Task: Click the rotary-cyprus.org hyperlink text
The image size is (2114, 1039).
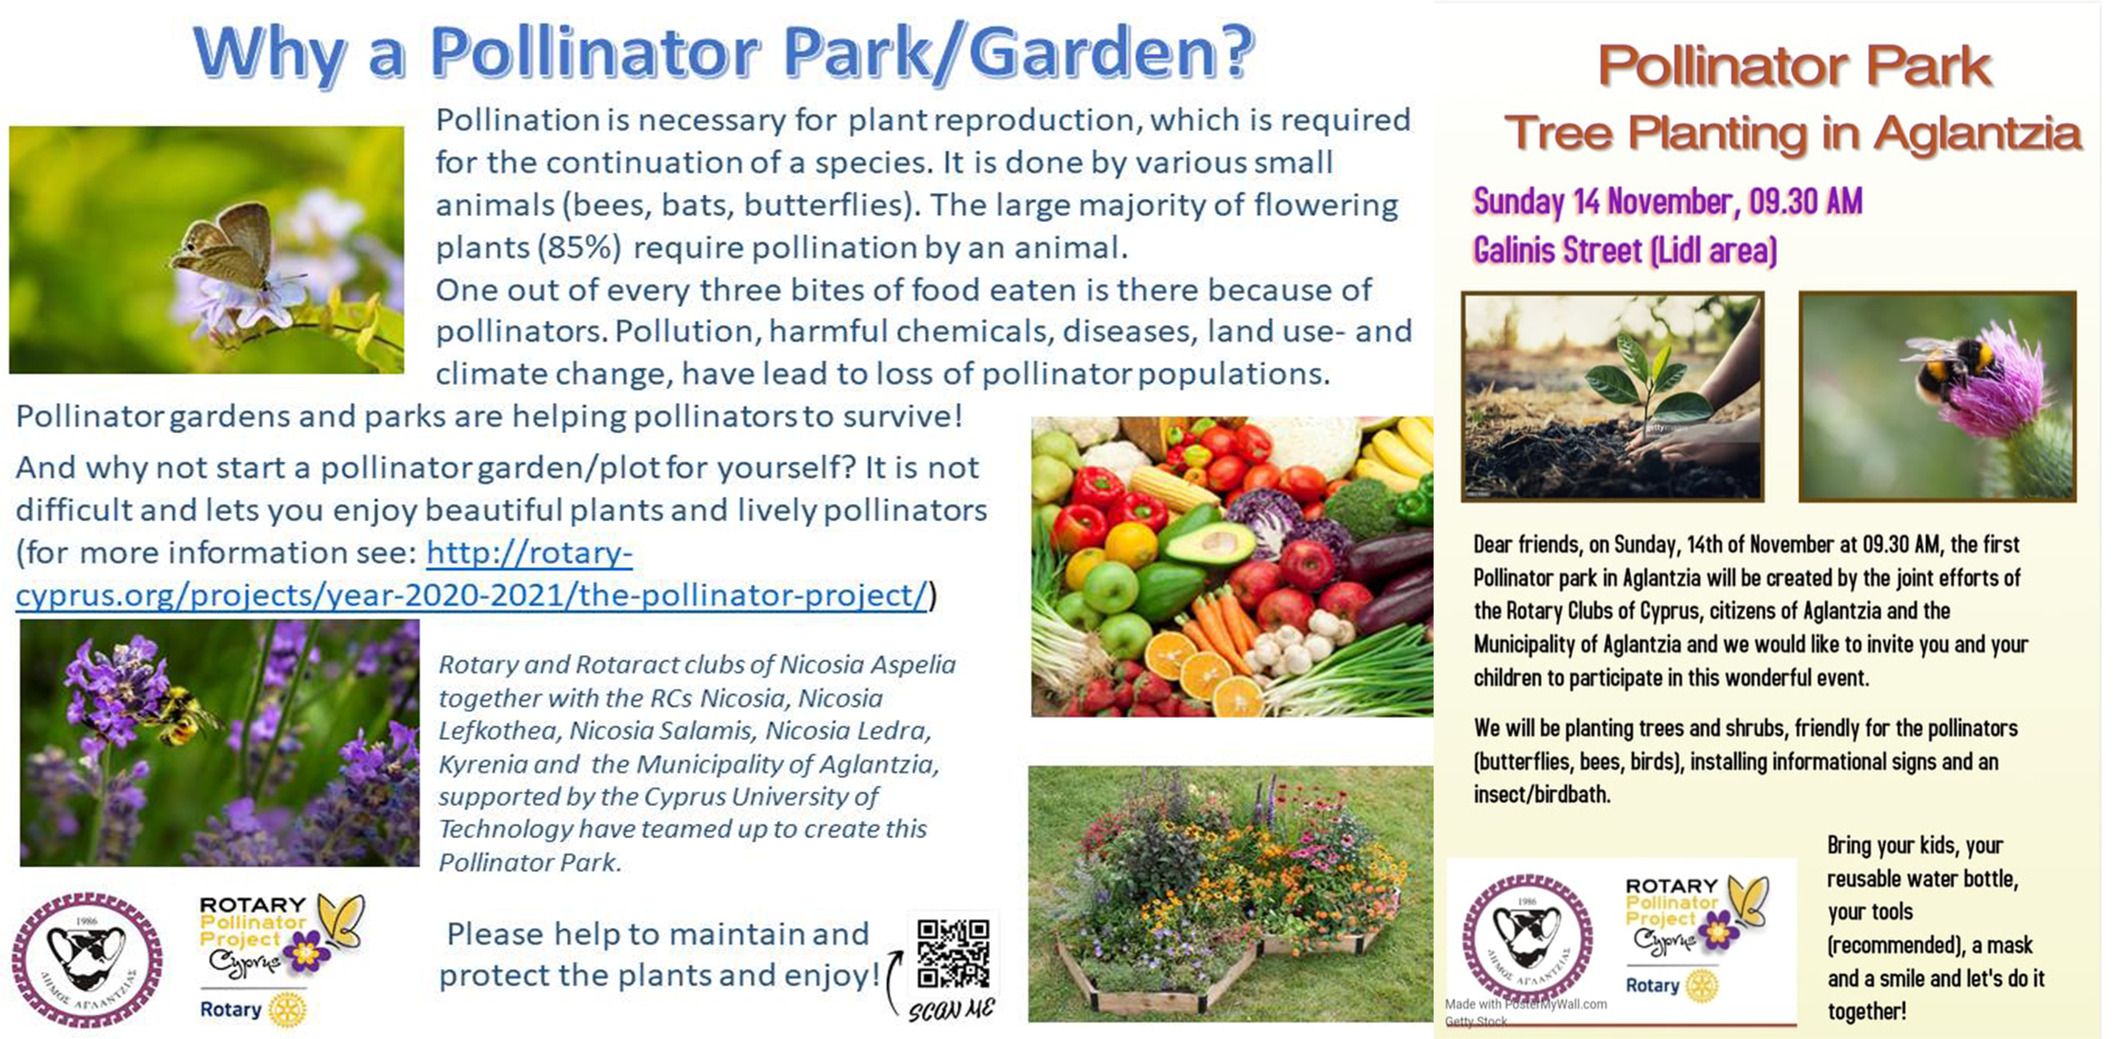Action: point(472,573)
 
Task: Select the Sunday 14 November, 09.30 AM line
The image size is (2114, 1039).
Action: point(1667,201)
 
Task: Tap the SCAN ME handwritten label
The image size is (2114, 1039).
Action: point(951,1009)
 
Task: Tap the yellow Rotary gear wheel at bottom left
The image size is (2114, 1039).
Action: point(287,1009)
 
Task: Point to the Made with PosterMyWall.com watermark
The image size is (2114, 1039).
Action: point(1526,1004)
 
